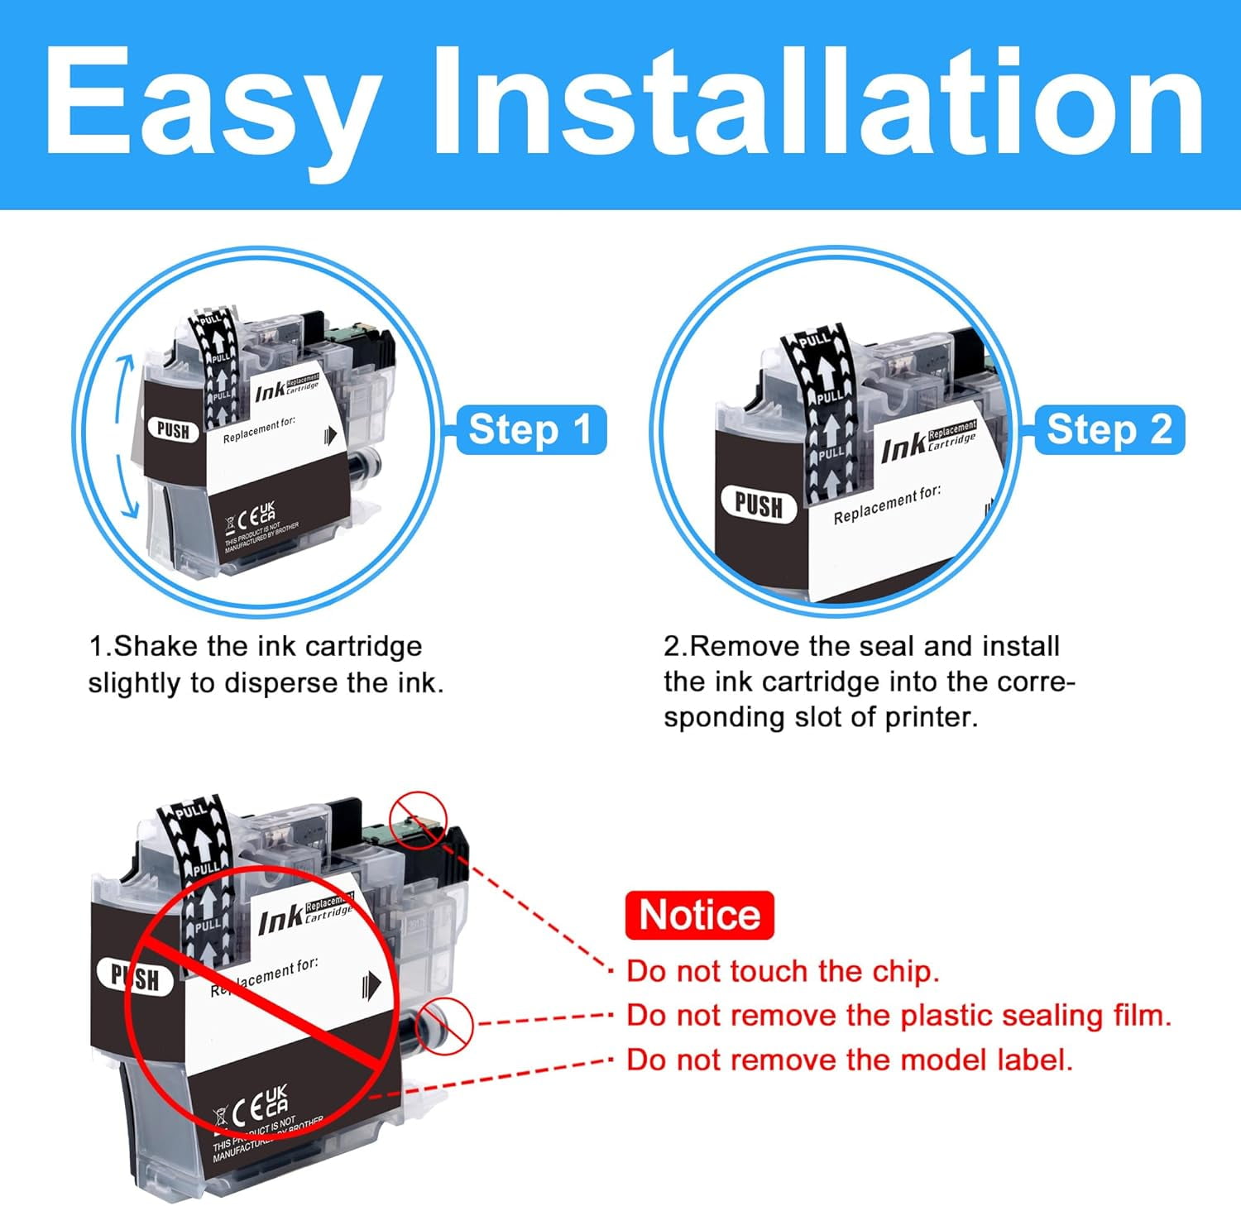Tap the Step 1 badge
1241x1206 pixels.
[530, 430]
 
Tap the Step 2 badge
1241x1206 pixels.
[1109, 430]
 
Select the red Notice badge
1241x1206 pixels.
[699, 916]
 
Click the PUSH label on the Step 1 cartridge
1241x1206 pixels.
[173, 430]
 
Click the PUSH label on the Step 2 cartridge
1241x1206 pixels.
[758, 505]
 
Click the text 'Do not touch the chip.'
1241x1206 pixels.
[783, 971]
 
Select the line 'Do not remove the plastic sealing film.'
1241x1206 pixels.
[898, 1015]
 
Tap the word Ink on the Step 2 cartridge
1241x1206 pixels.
[903, 449]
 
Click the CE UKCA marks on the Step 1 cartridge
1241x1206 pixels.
[256, 517]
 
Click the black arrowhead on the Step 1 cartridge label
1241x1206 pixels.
[331, 435]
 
